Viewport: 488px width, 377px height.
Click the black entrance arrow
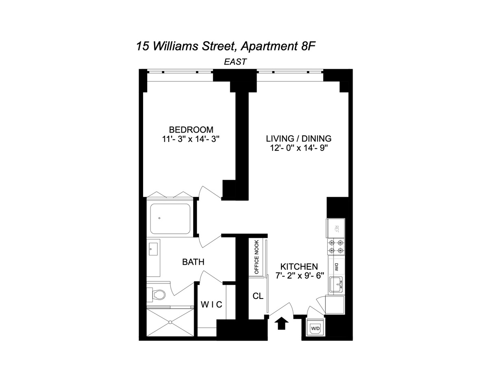281,324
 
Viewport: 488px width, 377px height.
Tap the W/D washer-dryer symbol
315,328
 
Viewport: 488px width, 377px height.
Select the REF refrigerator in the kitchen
335,228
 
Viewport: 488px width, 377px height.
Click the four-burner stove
336,247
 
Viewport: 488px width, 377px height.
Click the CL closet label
258,296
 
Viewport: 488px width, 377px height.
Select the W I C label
211,304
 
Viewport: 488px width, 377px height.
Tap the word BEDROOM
191,130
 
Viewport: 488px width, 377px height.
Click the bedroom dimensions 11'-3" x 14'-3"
191,139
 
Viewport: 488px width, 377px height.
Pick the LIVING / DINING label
298,139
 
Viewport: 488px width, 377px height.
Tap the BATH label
193,262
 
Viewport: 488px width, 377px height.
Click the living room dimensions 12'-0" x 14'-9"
298,148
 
